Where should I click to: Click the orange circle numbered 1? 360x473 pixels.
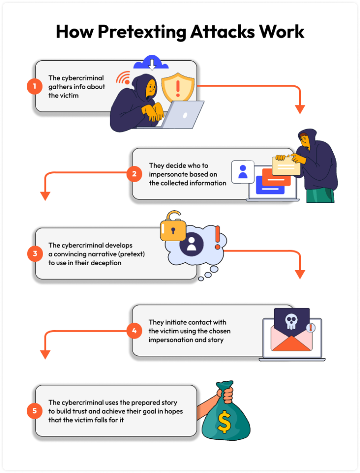click(x=34, y=86)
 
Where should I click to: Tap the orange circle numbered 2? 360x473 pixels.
click(x=134, y=174)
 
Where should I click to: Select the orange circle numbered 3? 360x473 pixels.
click(x=34, y=254)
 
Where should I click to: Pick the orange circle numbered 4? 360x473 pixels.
click(x=134, y=331)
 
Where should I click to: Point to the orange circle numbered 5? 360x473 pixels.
click(x=34, y=411)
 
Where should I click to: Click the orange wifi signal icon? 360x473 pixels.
click(x=124, y=78)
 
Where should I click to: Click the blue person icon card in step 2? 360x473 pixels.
click(x=243, y=172)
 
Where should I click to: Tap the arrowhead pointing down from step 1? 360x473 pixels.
click(x=300, y=110)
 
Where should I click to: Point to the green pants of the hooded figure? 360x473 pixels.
click(x=320, y=195)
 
